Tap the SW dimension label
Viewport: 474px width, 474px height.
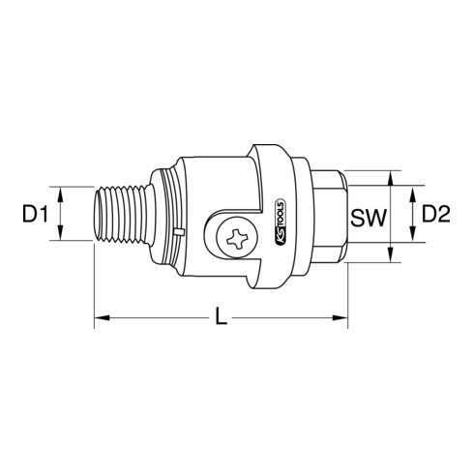[370, 219]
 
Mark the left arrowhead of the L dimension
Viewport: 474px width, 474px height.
[100, 314]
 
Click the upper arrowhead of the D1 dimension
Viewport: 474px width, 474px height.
[61, 192]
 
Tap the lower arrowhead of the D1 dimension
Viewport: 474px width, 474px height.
[61, 234]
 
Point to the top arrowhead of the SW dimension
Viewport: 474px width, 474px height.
[390, 178]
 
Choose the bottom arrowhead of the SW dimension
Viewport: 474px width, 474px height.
[390, 256]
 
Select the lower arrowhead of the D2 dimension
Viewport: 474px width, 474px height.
[412, 241]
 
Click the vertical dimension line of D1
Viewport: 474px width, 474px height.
[61, 213]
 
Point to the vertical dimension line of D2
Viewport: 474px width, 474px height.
[412, 218]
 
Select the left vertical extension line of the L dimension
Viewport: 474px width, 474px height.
[94, 285]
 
